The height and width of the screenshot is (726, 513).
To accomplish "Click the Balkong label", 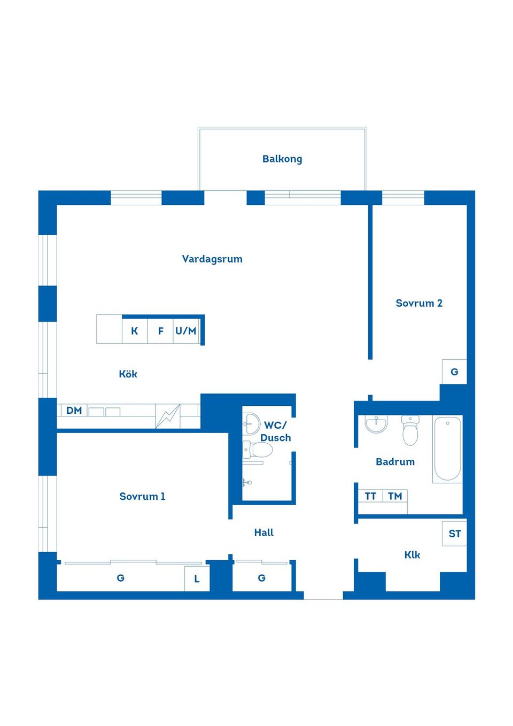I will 282,159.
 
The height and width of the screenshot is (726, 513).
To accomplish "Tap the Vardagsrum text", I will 212,259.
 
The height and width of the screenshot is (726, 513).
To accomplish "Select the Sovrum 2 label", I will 419,303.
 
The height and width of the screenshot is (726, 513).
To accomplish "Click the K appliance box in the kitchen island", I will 135,331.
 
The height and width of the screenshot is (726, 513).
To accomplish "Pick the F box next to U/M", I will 160,331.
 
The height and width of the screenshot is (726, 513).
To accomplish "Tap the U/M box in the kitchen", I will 186,331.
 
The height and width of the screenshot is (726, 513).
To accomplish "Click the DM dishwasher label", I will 74,411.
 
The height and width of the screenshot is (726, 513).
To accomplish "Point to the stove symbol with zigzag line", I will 168,416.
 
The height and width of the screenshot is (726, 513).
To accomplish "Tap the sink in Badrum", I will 376,424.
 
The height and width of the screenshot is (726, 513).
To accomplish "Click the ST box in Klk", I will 455,534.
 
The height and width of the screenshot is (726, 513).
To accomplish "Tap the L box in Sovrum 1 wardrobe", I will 197,579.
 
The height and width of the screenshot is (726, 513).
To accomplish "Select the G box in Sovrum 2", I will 454,372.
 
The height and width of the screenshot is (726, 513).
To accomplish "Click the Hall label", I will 264,532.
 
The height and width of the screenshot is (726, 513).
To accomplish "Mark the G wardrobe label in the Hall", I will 262,578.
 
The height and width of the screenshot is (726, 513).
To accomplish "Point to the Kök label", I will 128,374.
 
